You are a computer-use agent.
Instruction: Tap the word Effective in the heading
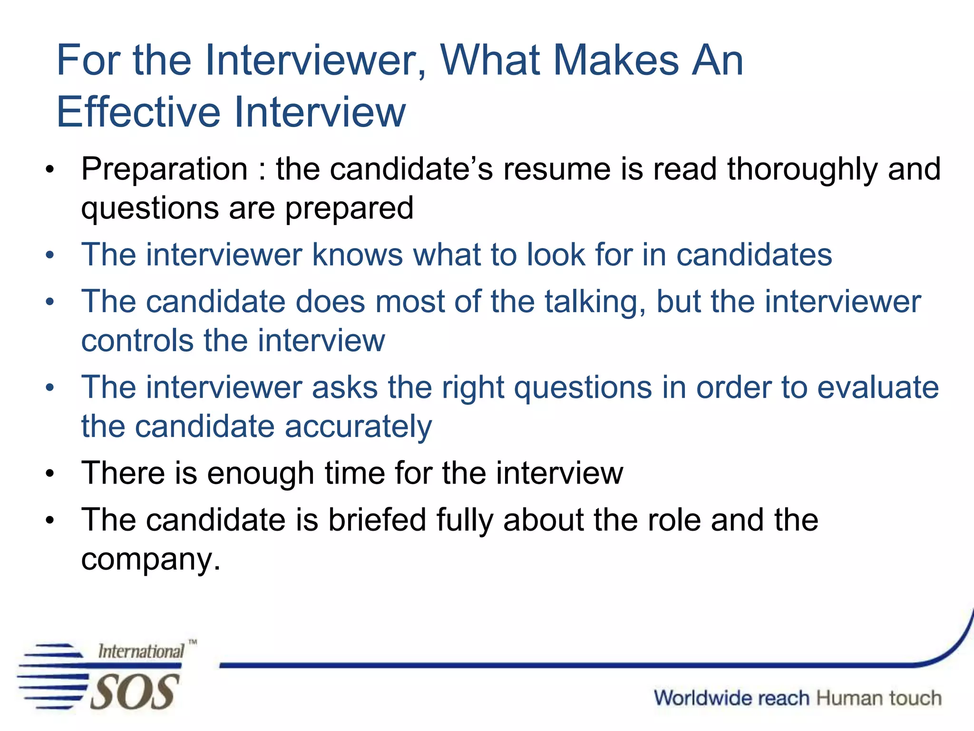coord(138,112)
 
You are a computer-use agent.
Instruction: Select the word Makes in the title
coord(616,60)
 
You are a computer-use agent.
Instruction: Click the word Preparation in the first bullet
coord(165,169)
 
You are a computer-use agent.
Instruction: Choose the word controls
coord(137,341)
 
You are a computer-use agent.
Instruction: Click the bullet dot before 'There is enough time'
coord(50,474)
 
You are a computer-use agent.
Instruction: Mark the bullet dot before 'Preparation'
coord(50,170)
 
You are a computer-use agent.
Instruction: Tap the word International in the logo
coord(141,651)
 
